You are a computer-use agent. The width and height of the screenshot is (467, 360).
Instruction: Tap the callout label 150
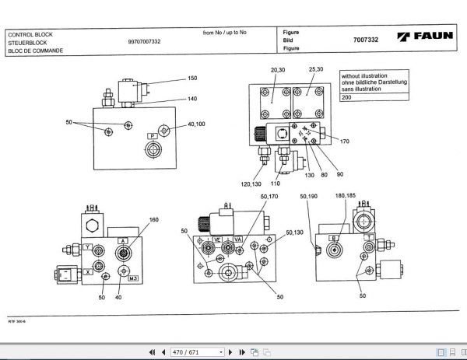193,79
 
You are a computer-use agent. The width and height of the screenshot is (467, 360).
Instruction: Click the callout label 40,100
197,124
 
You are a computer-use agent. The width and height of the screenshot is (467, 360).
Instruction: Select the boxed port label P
153,135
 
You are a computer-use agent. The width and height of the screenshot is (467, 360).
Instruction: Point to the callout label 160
153,220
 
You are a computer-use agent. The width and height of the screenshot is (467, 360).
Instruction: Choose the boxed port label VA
237,239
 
